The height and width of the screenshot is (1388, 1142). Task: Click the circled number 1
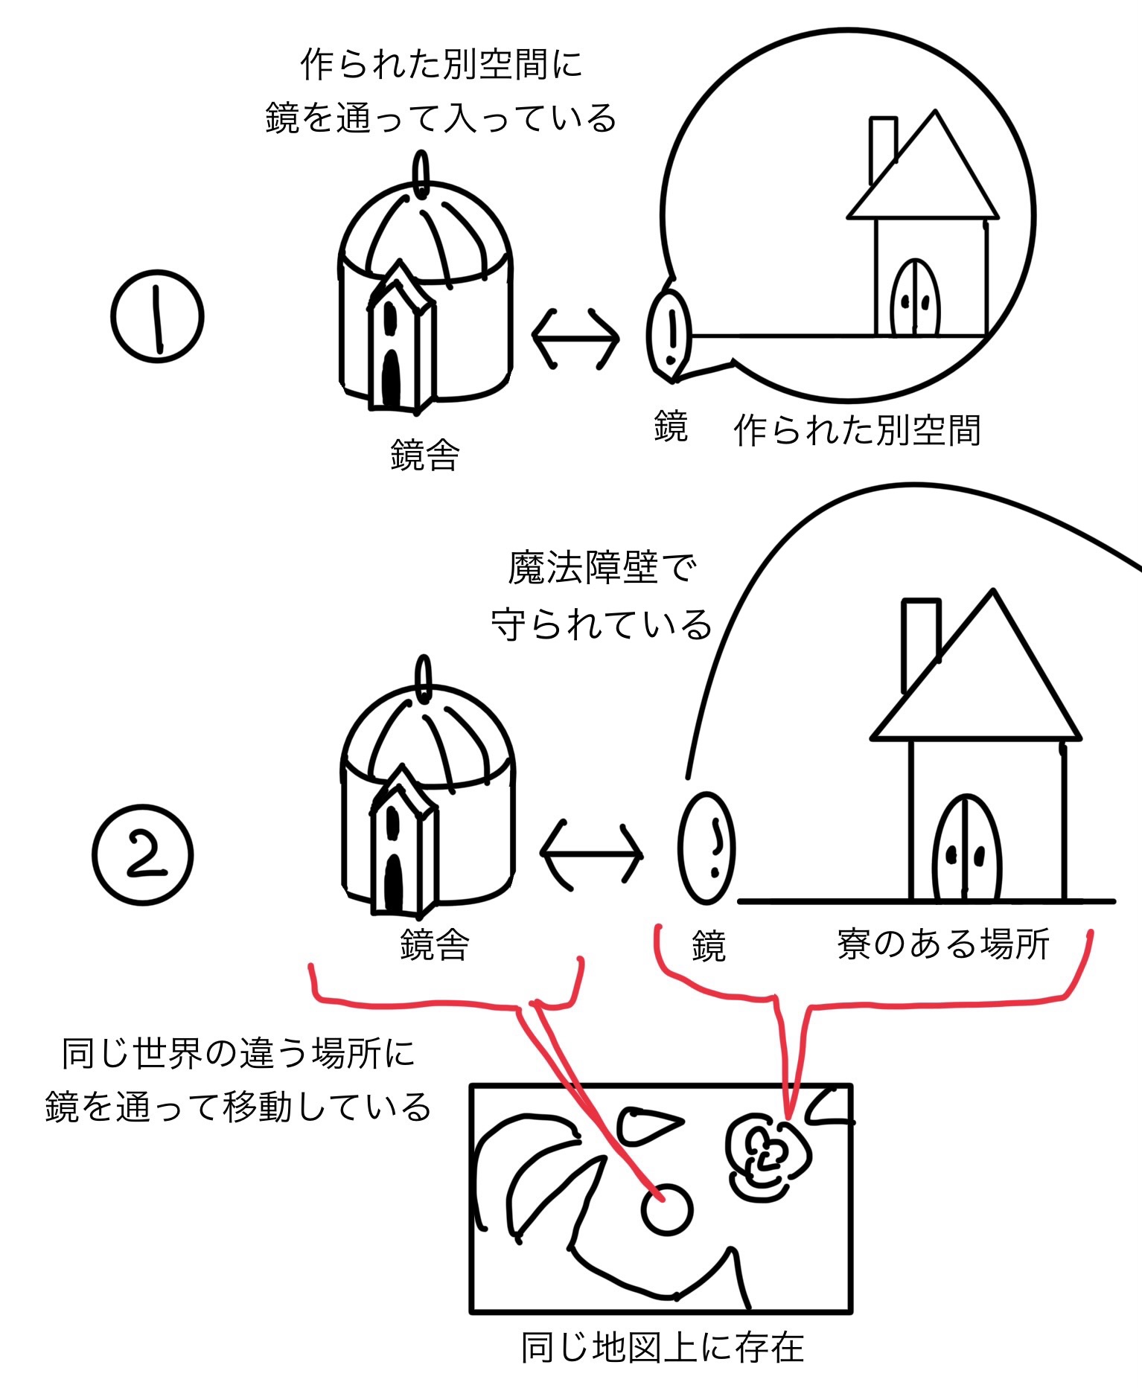click(x=157, y=316)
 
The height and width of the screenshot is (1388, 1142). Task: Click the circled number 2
click(x=142, y=855)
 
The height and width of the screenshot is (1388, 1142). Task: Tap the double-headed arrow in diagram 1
click(x=575, y=338)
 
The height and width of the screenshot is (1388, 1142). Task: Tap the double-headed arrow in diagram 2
click(x=591, y=855)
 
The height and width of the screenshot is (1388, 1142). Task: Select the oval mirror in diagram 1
click(x=669, y=335)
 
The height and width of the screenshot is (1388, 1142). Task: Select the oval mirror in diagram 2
click(x=706, y=848)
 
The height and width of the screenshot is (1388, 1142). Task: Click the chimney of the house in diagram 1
click(x=882, y=147)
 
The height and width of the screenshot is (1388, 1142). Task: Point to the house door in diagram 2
click(x=966, y=848)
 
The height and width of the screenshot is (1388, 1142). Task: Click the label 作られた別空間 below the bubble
click(x=857, y=430)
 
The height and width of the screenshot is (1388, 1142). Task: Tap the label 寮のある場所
click(x=942, y=944)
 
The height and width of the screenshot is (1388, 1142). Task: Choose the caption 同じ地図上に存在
click(x=662, y=1348)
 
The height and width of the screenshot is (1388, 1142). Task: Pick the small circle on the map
click(x=666, y=1209)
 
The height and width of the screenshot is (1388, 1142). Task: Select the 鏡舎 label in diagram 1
click(x=425, y=455)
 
